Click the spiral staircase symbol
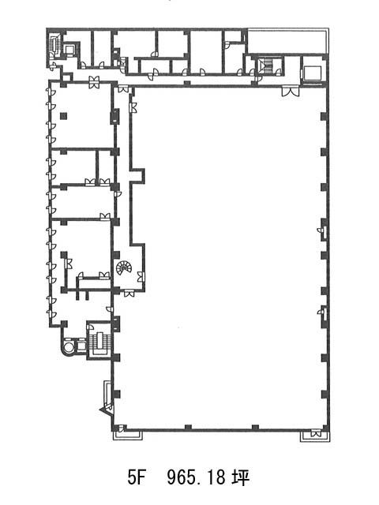124,268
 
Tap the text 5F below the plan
135,477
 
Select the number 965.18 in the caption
196,477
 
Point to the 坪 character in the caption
241,477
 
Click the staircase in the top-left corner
54,44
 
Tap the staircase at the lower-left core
99,342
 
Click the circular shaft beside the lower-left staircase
69,346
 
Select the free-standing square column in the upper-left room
63,116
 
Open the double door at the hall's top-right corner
291,92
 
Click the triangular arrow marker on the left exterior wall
105,410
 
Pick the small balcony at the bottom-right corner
315,436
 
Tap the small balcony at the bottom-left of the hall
128,434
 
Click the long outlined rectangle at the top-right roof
287,41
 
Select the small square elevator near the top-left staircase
70,50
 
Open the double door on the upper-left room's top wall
95,82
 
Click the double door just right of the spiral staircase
141,277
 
